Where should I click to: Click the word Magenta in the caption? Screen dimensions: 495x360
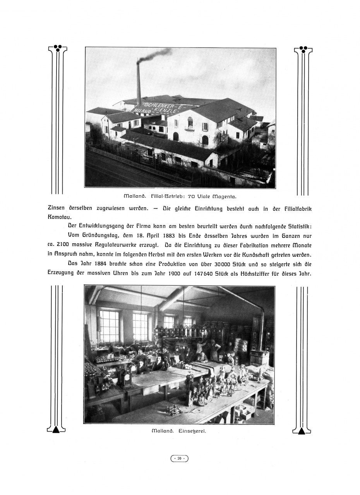(x=223, y=196)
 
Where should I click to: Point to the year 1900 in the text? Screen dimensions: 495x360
(x=172, y=273)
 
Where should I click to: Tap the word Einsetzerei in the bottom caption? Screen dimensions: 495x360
(x=192, y=431)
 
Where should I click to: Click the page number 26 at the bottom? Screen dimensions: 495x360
(x=180, y=459)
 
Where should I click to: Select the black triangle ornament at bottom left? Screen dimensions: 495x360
(x=56, y=429)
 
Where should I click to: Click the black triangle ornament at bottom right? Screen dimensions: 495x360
(x=302, y=430)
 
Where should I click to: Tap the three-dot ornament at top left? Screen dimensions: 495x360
(x=58, y=48)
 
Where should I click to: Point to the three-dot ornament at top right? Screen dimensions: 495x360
(x=303, y=49)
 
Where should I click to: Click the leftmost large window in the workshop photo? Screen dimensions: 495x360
(x=109, y=326)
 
